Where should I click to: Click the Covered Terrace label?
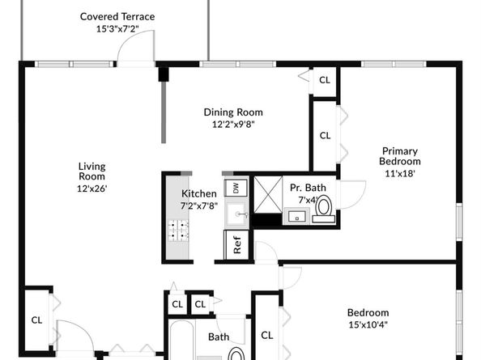(x=117, y=16)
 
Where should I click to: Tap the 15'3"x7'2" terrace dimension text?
(x=117, y=29)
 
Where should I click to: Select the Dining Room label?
(x=233, y=112)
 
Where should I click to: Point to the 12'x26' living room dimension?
(x=92, y=188)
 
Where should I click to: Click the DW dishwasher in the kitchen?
(x=236, y=188)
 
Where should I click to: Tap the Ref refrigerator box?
(x=236, y=244)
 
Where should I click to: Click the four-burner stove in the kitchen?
(x=178, y=231)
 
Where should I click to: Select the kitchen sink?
(x=236, y=214)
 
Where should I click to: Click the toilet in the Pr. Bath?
(x=324, y=209)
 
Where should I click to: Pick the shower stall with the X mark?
(x=268, y=194)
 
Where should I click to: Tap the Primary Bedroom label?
(x=400, y=156)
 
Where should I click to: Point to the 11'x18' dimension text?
(x=400, y=174)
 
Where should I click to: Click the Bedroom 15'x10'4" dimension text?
(x=368, y=324)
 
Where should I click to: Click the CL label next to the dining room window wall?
(x=325, y=80)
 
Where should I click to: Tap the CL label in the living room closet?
(x=36, y=320)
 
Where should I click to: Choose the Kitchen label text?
(x=199, y=193)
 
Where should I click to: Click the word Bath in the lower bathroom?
(x=219, y=337)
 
